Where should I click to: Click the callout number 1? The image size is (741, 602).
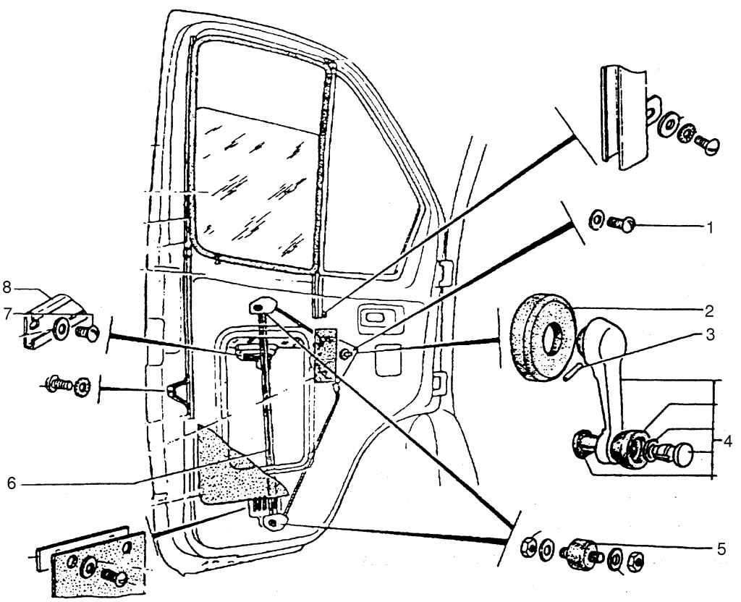coord(710,226)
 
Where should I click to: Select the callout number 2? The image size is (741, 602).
coord(710,313)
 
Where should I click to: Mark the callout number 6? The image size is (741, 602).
coord(11,483)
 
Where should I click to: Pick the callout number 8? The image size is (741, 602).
coord(7,287)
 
